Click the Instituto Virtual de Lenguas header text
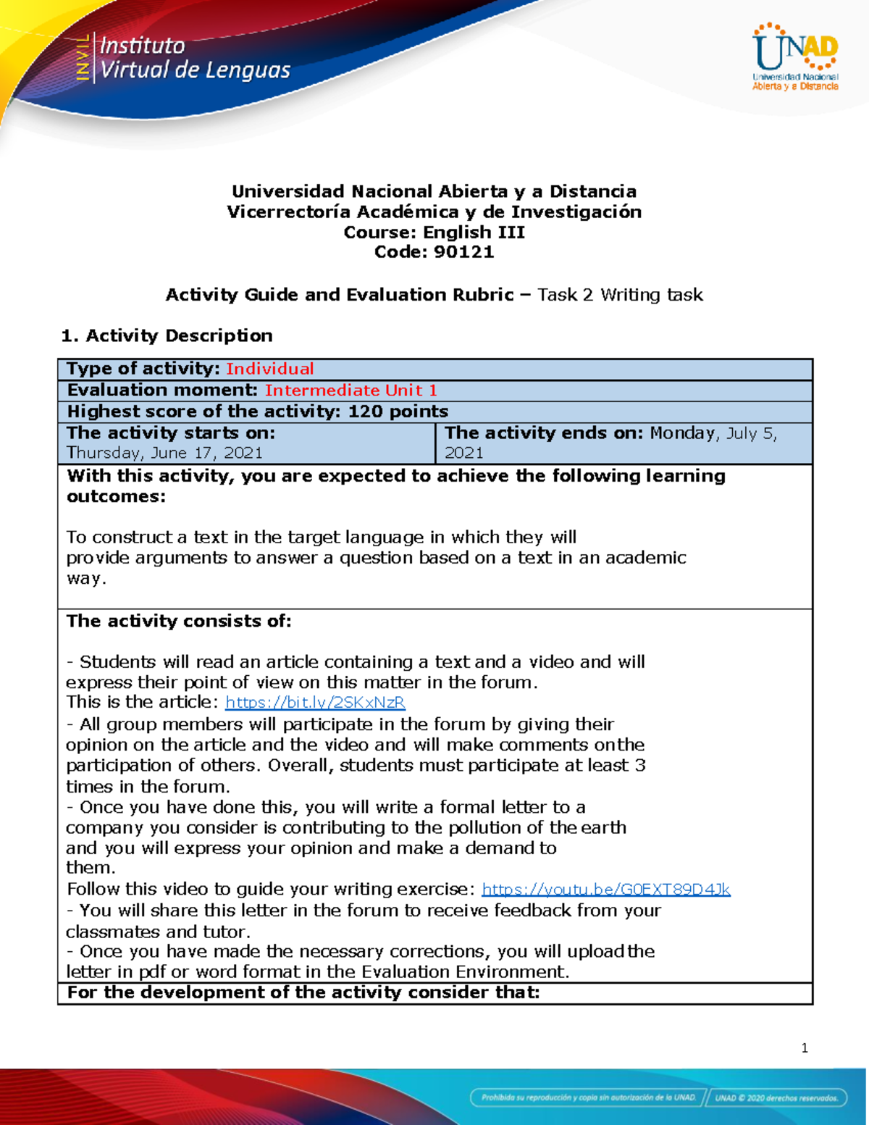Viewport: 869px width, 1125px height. [194, 58]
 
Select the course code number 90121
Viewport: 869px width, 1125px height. [463, 252]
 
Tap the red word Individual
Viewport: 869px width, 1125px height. [269, 369]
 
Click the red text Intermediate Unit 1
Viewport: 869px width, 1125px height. [350, 390]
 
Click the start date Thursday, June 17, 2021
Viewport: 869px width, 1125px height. [164, 453]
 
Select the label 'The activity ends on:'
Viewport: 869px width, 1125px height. [544, 433]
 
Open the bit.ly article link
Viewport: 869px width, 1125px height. [315, 702]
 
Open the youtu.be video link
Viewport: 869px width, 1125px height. [605, 889]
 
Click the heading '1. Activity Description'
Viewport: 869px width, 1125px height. [167, 335]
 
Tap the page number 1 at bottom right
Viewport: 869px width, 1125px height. [805, 1047]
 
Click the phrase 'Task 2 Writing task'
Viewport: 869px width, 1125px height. [620, 295]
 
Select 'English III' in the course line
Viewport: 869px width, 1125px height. [474, 232]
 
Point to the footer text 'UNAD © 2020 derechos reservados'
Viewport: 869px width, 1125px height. [776, 1097]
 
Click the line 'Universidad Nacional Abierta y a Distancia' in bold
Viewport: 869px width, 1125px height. [434, 191]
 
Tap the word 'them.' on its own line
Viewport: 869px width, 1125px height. [91, 868]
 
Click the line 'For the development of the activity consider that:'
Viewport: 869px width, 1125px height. [303, 992]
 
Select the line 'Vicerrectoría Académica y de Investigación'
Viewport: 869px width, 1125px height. [434, 212]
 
